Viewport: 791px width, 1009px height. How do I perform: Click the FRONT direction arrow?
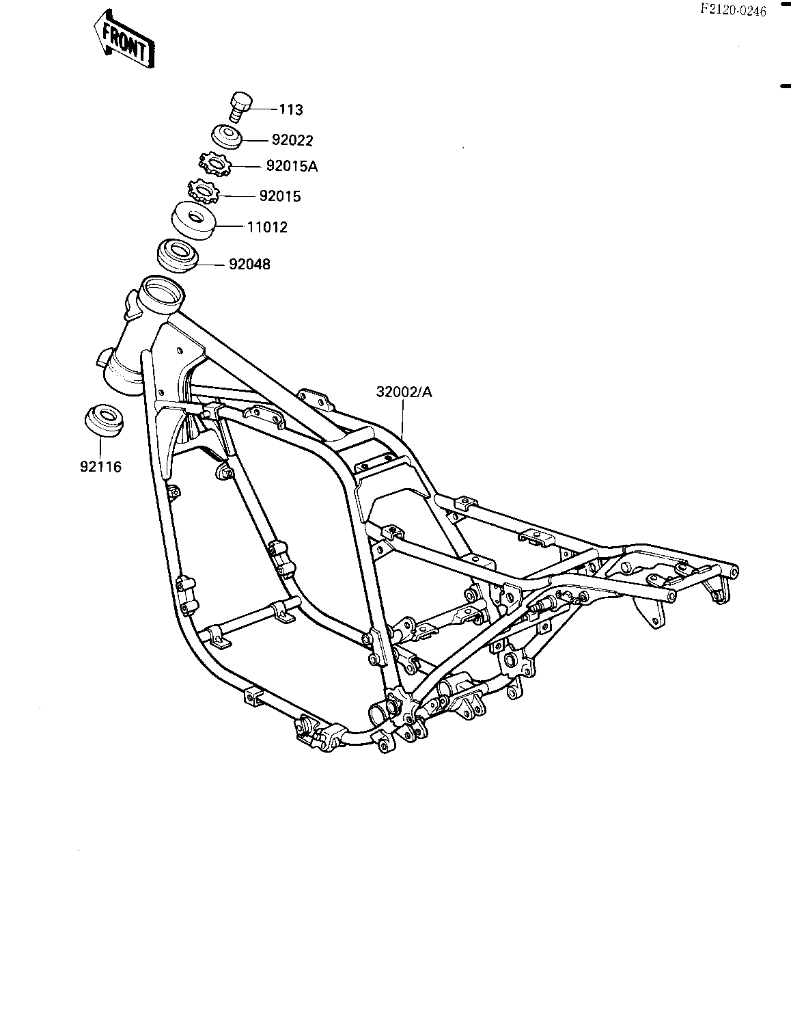coord(124,38)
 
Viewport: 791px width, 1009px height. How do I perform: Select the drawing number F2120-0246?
coord(733,10)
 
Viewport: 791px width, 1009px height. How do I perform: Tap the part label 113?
coord(291,109)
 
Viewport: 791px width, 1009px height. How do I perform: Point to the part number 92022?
coord(292,140)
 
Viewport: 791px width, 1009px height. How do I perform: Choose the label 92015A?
coord(292,165)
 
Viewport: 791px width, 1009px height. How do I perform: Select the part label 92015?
coord(280,196)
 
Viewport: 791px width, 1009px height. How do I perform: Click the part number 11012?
coord(267,227)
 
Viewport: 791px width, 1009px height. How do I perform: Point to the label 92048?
coord(249,264)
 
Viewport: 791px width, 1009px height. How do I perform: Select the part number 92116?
coord(100,467)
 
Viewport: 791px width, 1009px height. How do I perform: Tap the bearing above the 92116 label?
coord(105,420)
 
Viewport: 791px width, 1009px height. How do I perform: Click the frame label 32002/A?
coord(404,392)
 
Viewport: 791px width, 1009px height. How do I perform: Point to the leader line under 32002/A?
coord(402,419)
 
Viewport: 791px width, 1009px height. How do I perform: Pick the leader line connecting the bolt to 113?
coord(265,109)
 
